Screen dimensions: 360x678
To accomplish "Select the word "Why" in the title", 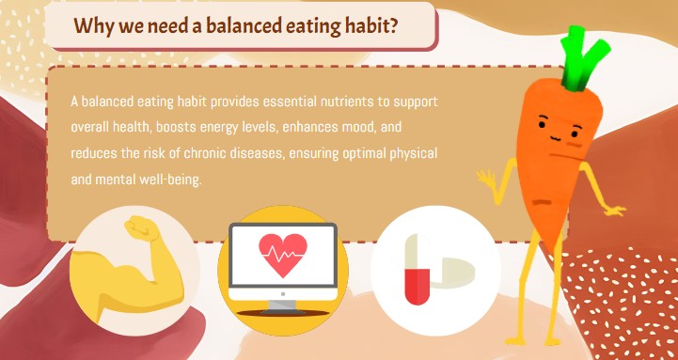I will point(92,26).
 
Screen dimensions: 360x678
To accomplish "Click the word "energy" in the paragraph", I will point(220,126).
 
